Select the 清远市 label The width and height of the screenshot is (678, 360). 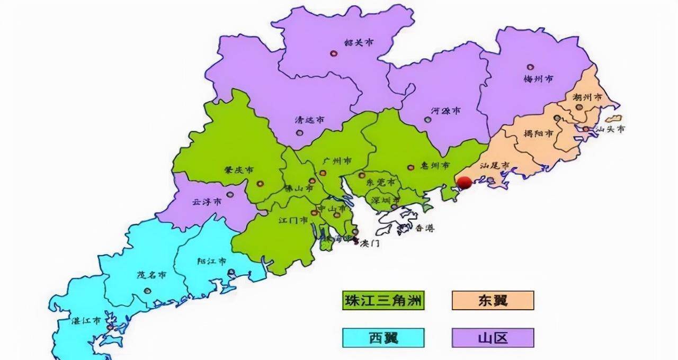(x=309, y=120)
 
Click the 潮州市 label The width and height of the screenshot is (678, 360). (x=587, y=98)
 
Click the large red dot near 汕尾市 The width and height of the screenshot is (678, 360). (x=465, y=183)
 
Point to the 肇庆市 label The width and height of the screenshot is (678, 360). (x=239, y=170)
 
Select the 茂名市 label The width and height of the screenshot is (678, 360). (x=151, y=275)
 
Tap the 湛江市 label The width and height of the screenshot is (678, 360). (x=86, y=321)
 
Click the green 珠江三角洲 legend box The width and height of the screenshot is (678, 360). (x=383, y=300)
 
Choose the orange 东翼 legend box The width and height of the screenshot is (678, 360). (x=493, y=300)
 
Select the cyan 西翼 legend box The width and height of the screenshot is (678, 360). (x=383, y=337)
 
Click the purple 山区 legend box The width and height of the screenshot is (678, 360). (x=493, y=337)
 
